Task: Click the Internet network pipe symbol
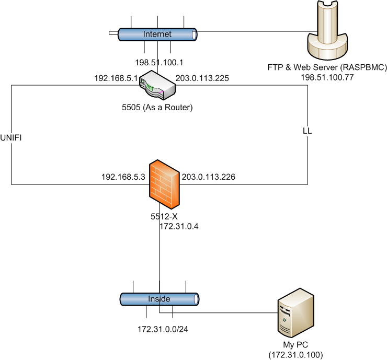coord(157,34)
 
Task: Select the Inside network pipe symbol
coord(160,299)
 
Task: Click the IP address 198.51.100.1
coord(159,62)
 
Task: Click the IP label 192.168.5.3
coord(123,177)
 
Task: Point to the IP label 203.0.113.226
coord(208,177)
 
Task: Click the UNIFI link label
coord(12,137)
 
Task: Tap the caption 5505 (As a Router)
coord(157,108)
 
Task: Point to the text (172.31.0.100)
coord(295,354)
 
